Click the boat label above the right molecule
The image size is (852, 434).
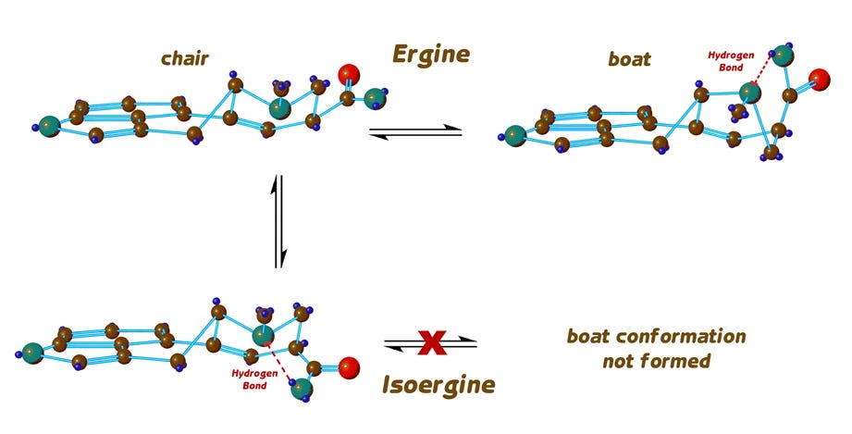pos(629,59)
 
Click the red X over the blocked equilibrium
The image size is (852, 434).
pos(431,343)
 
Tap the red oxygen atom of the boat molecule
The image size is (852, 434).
pos(817,79)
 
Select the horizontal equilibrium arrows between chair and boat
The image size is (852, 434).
pos(415,132)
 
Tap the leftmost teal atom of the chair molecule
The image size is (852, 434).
pos(50,125)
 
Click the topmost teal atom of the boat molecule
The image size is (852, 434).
pos(784,55)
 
